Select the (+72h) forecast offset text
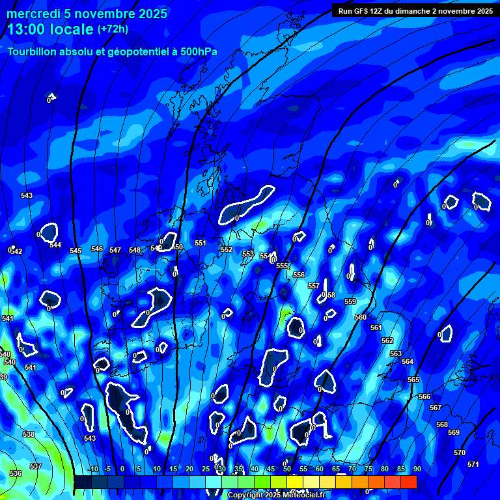pos(113,29)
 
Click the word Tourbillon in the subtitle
pos(34,52)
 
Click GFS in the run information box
pos(361,10)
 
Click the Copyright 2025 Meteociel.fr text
pos(276,495)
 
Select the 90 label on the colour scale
pos(417,469)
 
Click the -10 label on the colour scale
pos(92,469)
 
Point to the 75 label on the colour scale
pos(368,469)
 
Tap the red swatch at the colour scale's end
pos(408,482)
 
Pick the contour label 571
pos(473,464)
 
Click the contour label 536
pos(16,473)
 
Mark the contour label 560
pos(361,317)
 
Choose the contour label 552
pos(227,249)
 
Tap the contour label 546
pos(97,249)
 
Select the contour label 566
pos(424,396)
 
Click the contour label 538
pos(29,434)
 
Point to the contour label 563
pos(396,354)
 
